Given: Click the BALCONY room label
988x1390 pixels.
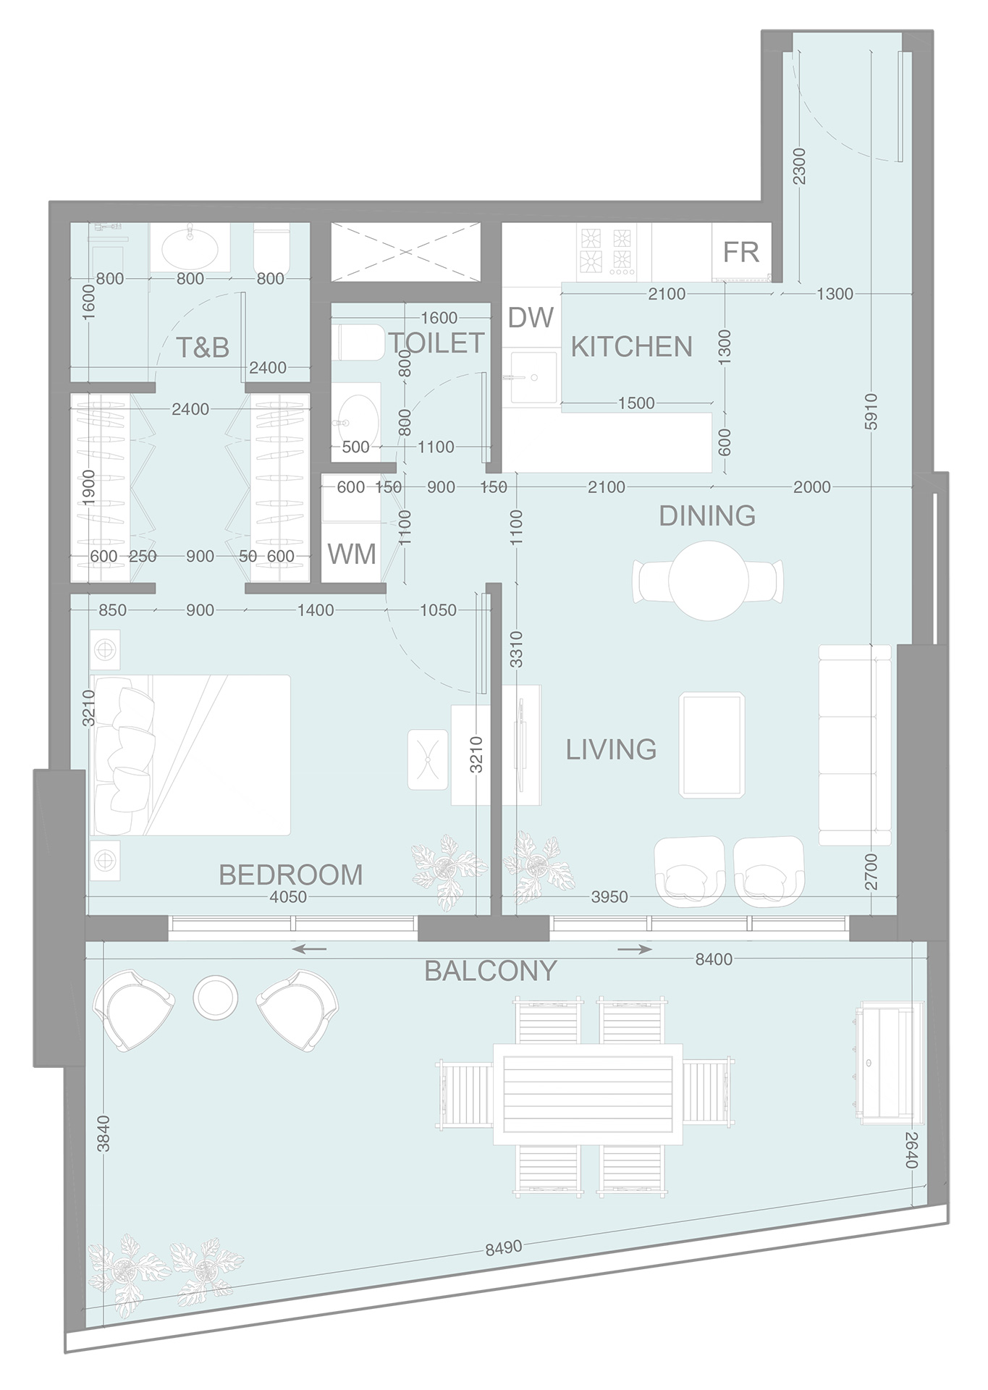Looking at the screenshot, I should [x=491, y=971].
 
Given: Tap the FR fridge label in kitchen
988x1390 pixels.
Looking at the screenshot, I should [x=740, y=253].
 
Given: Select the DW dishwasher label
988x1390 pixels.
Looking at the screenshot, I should [x=530, y=318].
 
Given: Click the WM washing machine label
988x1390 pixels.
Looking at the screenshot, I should [x=352, y=555].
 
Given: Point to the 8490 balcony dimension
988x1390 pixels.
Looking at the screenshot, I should [x=504, y=1248].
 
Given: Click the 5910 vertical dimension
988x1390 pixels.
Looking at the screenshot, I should [x=871, y=411].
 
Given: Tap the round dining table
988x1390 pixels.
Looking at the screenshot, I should [x=708, y=581].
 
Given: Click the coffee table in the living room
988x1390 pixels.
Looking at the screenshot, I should [x=712, y=745].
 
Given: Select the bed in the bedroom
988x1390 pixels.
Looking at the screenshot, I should [x=192, y=755].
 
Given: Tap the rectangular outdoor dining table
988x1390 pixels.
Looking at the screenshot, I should [x=588, y=1093].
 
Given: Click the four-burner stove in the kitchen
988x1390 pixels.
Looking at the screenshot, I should [x=606, y=251].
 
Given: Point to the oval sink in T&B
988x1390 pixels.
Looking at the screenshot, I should [x=190, y=250].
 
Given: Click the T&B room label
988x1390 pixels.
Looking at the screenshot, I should [x=203, y=348].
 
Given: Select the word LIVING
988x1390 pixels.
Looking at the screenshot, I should [x=611, y=750].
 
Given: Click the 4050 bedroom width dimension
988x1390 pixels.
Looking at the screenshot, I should [x=288, y=897].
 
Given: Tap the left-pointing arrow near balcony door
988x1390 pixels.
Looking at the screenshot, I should [x=309, y=949].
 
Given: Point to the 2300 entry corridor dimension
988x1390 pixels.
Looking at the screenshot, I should [x=798, y=166].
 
